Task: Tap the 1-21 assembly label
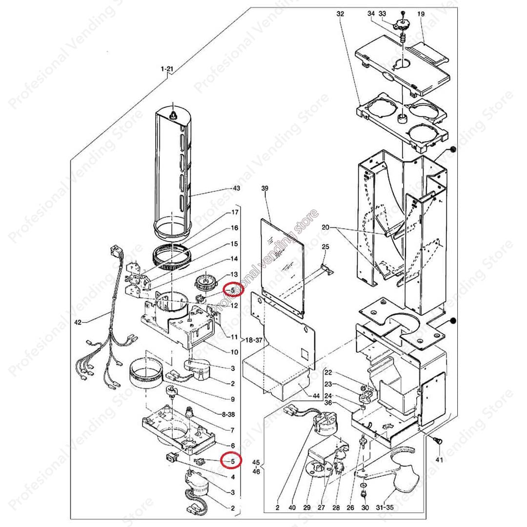point(167,69)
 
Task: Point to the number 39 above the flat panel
point(265,188)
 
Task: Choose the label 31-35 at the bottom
point(390,508)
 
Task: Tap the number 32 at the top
point(340,14)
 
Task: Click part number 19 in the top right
point(421,14)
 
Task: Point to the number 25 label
point(326,246)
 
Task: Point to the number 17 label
point(235,212)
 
